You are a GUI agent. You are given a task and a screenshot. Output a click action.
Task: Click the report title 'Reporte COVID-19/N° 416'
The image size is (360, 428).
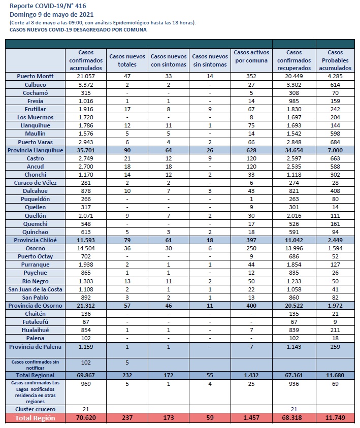coord(48,6)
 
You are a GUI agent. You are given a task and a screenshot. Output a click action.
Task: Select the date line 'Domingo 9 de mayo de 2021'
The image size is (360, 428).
coord(52,14)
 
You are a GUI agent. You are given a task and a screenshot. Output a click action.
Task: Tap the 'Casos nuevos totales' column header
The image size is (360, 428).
coord(127,60)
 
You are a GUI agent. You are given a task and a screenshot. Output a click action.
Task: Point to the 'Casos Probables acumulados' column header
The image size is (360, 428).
coord(335,60)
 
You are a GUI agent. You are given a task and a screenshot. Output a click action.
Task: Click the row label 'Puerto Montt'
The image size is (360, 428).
coord(35,76)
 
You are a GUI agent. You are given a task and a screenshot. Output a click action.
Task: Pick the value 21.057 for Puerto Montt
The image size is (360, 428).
coord(86,76)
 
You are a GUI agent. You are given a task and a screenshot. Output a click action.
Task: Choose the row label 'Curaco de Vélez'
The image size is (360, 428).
coord(35,183)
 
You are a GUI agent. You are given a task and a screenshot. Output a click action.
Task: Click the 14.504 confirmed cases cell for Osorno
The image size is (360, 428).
coord(86,248)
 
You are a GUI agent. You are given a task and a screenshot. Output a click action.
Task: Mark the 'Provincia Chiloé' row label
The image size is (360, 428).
coord(35,240)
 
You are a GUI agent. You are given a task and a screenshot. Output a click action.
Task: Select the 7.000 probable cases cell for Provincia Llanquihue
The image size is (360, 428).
coord(335,150)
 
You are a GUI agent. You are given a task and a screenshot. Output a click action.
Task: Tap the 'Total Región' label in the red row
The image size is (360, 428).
coord(35,418)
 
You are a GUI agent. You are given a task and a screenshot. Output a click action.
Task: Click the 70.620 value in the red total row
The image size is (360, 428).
coord(86,418)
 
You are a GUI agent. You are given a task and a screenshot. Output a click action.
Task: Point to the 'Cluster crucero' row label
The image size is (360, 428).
coord(35,409)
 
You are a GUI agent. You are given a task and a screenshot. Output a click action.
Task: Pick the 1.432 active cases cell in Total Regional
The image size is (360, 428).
coord(251,375)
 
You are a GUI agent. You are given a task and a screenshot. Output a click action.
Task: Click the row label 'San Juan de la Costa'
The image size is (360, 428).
coord(35,289)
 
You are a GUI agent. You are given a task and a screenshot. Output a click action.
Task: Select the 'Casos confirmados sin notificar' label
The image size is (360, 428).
coord(35,365)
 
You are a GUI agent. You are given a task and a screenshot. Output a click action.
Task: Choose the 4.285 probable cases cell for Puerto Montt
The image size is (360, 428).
coord(335,76)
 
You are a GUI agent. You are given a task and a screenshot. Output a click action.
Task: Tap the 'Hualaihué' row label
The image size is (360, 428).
coord(35,330)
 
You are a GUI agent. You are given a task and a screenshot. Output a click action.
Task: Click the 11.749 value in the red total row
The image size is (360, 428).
coord(335,418)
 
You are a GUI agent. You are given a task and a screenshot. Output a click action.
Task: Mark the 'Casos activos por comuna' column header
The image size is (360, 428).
coord(251,56)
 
